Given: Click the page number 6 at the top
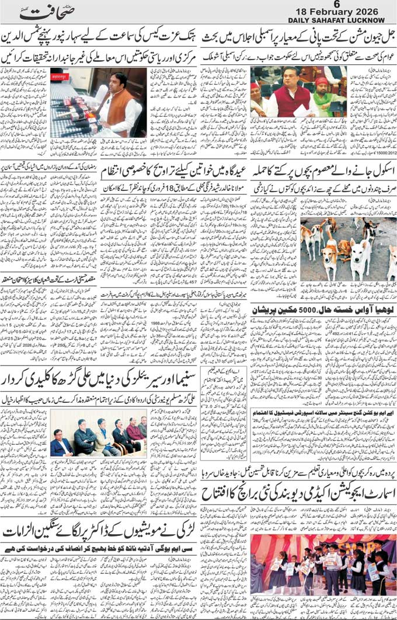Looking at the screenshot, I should coord(337,5).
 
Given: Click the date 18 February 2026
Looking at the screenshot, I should coord(337,13).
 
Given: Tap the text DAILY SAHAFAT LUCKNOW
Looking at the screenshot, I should coord(337,20).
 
